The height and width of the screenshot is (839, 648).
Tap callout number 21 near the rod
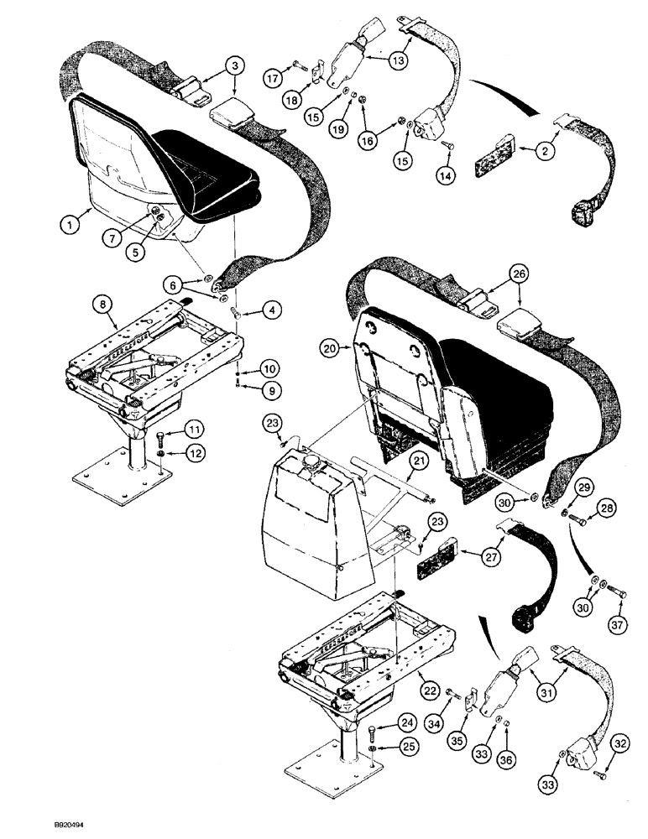(417, 458)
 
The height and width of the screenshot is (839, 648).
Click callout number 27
(493, 554)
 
